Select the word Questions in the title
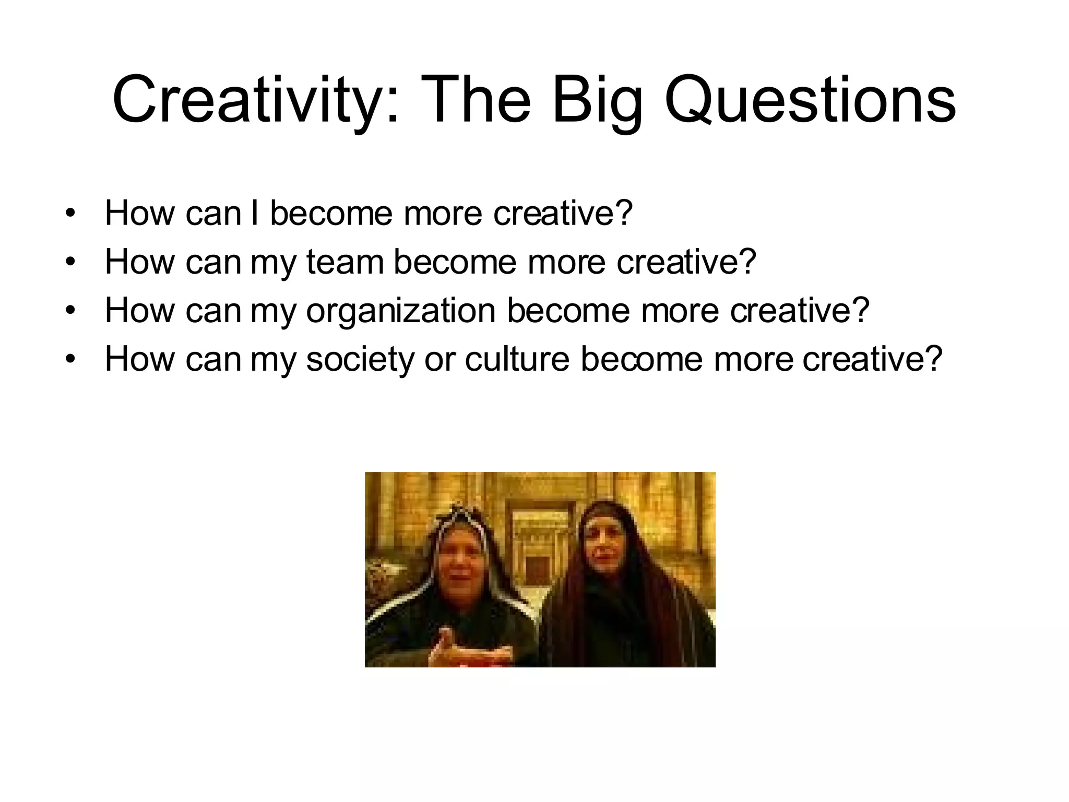click(x=810, y=100)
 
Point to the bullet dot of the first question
click(x=70, y=213)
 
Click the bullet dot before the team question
click(x=70, y=262)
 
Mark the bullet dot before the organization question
click(x=70, y=310)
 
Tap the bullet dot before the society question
click(x=70, y=359)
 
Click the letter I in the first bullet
click(x=255, y=213)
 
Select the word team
click(x=345, y=262)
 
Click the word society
click(x=360, y=360)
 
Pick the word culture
click(x=517, y=359)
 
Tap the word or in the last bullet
click(x=440, y=360)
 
